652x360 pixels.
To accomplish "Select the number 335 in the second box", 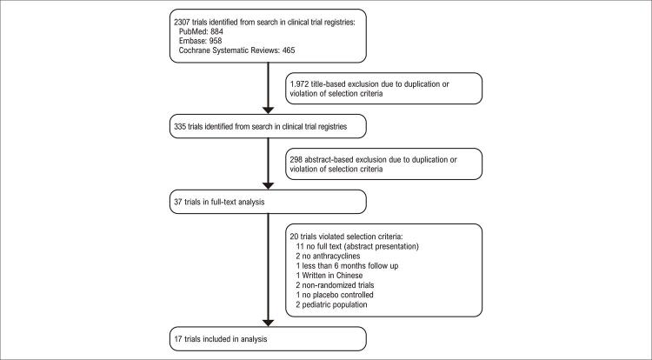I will tap(183, 127).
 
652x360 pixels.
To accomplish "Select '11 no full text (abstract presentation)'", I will tap(369, 246).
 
